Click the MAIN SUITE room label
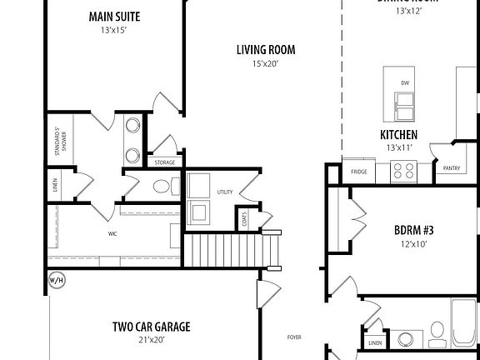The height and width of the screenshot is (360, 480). [114, 16]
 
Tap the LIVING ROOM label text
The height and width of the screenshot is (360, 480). [265, 50]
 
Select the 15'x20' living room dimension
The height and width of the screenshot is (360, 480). [265, 63]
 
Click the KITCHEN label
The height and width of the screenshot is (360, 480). [398, 134]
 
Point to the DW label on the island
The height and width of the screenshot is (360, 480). [405, 82]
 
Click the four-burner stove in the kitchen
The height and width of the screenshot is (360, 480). [404, 172]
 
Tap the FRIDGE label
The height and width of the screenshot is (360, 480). [359, 172]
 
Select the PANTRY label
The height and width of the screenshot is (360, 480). [452, 167]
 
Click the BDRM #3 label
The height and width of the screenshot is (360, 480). [414, 231]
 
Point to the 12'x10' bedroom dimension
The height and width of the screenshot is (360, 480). [414, 244]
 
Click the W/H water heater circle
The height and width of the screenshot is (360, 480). [57, 279]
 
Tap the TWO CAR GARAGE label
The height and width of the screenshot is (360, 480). [151, 327]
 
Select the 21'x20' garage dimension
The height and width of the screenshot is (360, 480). [151, 339]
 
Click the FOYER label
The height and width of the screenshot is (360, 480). [294, 337]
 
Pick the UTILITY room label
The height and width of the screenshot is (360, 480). [224, 192]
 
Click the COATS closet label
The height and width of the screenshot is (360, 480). [244, 219]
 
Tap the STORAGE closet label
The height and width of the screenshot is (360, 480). [164, 162]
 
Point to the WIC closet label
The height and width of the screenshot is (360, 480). [112, 234]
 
